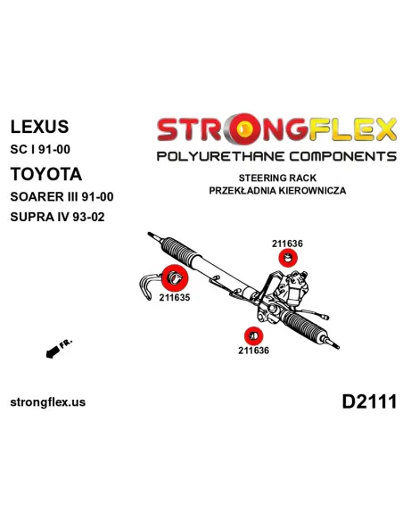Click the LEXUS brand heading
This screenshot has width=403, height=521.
(39, 127)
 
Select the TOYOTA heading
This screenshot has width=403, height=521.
(46, 174)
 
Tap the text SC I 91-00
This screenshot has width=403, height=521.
(40, 150)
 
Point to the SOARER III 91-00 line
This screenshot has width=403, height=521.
(62, 196)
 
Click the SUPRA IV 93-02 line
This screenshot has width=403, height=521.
(57, 217)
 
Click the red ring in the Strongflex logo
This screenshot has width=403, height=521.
(245, 129)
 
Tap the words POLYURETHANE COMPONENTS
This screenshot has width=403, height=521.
(276, 156)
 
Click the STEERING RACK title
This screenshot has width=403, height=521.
(277, 178)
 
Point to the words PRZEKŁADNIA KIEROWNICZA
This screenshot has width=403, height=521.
(277, 191)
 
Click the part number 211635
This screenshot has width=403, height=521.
(175, 297)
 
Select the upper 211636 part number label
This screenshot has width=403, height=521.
(287, 244)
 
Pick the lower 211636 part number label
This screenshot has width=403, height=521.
(253, 351)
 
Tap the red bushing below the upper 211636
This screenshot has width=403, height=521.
(288, 258)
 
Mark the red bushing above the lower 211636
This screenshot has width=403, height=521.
(253, 336)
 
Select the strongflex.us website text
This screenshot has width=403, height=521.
(48, 402)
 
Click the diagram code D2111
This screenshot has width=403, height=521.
(369, 401)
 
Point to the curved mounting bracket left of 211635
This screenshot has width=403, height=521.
(145, 286)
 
